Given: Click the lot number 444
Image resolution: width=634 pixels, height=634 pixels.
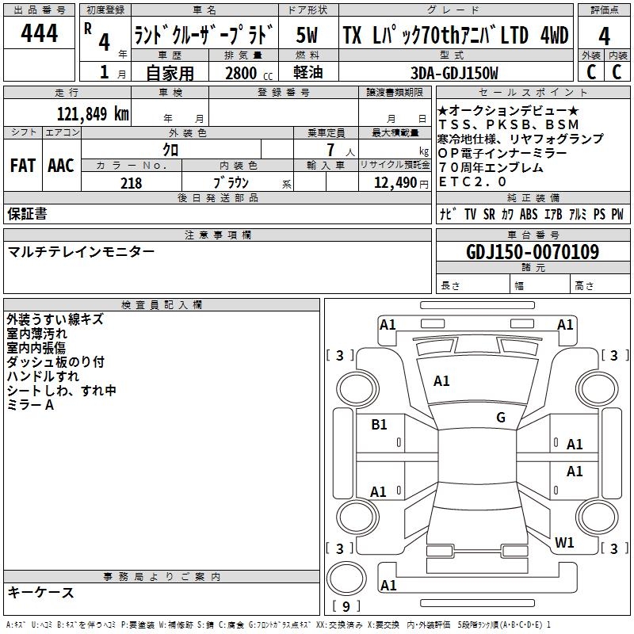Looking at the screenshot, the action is pyautogui.click(x=39, y=33).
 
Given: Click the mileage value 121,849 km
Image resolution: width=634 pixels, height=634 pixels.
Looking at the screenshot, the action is pyautogui.click(x=93, y=114).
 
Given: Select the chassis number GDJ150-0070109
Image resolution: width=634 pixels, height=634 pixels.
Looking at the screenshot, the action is pyautogui.click(x=533, y=252).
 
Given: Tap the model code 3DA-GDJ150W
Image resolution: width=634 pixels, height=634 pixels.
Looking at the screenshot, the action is pyautogui.click(x=454, y=73).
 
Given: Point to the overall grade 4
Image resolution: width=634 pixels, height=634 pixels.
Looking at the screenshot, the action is pyautogui.click(x=604, y=36).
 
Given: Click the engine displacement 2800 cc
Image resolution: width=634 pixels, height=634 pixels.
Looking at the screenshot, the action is pyautogui.click(x=249, y=73).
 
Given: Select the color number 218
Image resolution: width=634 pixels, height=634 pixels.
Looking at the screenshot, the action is pyautogui.click(x=131, y=183).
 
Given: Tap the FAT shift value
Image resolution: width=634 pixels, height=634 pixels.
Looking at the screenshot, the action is pyautogui.click(x=23, y=166).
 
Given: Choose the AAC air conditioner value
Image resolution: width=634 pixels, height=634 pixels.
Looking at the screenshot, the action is pyautogui.click(x=61, y=166).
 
